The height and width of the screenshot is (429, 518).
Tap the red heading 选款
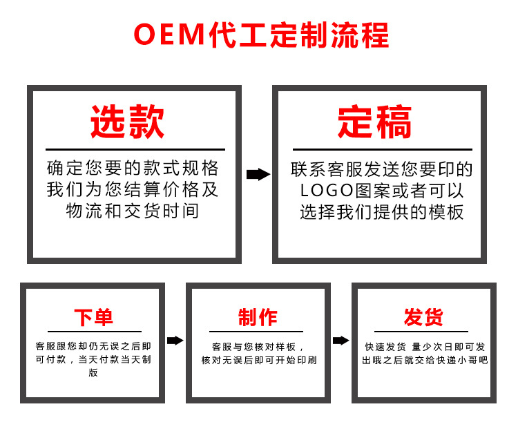[x=128, y=123]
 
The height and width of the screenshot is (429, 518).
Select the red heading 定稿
[x=375, y=123]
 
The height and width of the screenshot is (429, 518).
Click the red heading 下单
[x=93, y=318]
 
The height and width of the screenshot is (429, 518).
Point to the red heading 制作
[x=258, y=318]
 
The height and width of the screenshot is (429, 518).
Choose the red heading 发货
[x=423, y=318]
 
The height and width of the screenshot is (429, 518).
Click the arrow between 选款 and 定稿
[x=258, y=174]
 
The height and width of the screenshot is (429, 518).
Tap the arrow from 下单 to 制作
[x=175, y=340]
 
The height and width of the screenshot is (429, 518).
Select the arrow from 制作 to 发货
[x=340, y=340]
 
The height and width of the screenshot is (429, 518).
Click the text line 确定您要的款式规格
[x=133, y=168]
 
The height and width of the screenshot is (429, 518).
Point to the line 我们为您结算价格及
[x=133, y=189]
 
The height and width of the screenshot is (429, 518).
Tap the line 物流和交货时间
[x=133, y=211]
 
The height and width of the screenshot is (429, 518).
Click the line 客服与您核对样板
[x=258, y=347]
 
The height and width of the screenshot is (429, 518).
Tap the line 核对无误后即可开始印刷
[x=259, y=361]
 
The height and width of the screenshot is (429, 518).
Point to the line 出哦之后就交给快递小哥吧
[x=424, y=361]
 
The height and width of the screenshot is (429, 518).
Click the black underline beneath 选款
[x=135, y=149]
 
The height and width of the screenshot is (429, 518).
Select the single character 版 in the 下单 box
[x=93, y=373]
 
